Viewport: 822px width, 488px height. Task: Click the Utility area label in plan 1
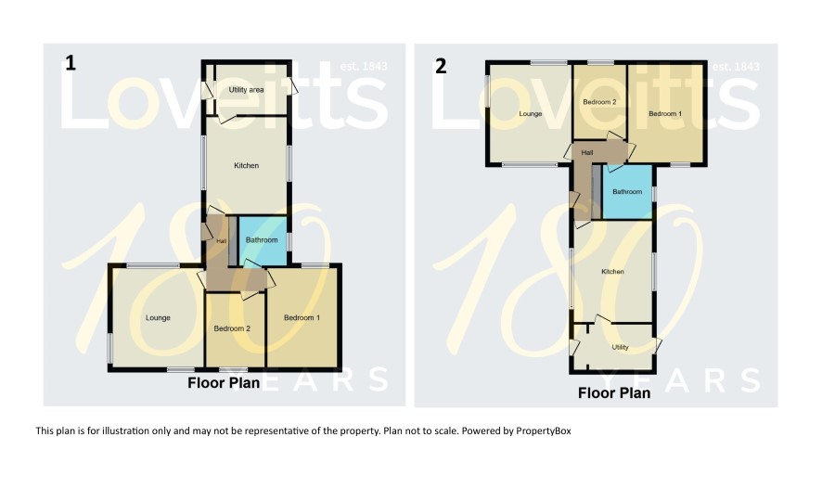[246, 90]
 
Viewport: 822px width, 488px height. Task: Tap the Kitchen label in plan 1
[247, 166]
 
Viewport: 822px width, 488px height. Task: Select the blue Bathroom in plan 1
[263, 240]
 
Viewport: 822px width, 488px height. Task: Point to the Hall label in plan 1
[222, 241]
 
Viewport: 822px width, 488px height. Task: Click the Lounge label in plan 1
[158, 317]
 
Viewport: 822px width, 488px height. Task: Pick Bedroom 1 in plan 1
[302, 317]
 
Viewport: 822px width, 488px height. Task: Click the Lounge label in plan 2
[531, 114]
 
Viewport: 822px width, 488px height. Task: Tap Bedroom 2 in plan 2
[599, 102]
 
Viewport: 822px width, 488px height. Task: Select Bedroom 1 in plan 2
[665, 114]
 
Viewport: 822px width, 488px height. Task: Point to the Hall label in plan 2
[587, 152]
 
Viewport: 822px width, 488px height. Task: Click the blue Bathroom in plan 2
[627, 192]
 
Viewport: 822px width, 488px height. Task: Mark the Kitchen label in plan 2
[613, 272]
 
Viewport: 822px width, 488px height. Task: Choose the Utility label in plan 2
[620, 347]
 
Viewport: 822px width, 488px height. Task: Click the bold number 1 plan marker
[71, 63]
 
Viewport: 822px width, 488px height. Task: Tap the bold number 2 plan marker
[441, 67]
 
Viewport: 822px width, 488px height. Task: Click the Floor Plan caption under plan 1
[224, 383]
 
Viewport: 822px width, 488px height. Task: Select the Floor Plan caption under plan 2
[614, 393]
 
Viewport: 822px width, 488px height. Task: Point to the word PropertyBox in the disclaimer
[544, 430]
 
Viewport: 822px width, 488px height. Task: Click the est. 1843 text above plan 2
[736, 67]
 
